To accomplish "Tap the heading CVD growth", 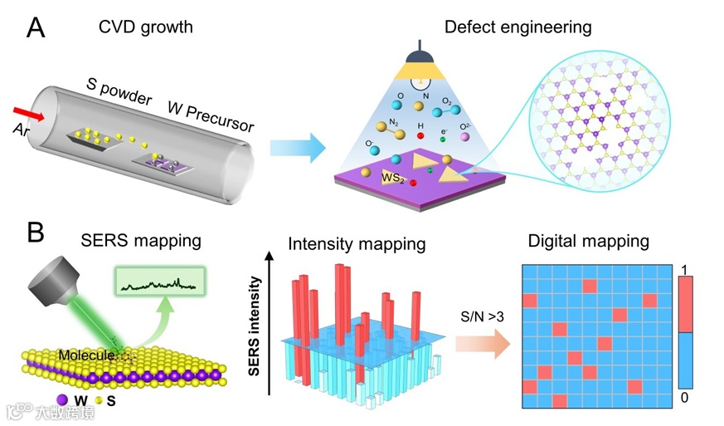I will pos(146,27).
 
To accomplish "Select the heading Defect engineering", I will pos(517,27).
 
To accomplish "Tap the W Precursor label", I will pos(212,116).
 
